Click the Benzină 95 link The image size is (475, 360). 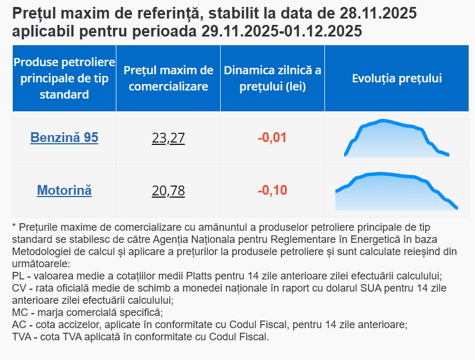click(x=64, y=138)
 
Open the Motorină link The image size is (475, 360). click(x=64, y=190)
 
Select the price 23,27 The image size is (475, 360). click(x=168, y=139)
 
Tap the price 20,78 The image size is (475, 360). click(x=168, y=191)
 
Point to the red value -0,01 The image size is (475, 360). click(x=272, y=138)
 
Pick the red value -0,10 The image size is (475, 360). click(x=272, y=190)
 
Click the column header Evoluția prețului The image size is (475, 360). click(x=397, y=78)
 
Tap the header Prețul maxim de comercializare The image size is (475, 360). click(x=168, y=78)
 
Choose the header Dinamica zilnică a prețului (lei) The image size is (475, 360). click(x=272, y=78)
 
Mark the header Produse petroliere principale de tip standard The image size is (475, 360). click(x=64, y=78)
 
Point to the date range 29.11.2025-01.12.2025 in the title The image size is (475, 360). click(x=282, y=31)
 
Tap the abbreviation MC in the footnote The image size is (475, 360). click(x=19, y=312)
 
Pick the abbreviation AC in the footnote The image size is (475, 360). click(x=19, y=325)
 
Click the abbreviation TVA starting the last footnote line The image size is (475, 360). click(x=22, y=337)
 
